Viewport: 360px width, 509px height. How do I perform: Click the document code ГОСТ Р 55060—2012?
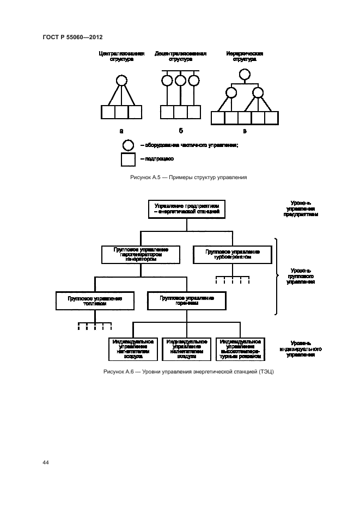click(x=72, y=37)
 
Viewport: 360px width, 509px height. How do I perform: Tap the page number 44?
click(x=46, y=462)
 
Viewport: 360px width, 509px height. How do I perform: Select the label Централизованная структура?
click(x=121, y=57)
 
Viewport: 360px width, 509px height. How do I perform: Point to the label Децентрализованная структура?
click(x=180, y=57)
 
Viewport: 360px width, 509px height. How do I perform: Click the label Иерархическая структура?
click(x=245, y=57)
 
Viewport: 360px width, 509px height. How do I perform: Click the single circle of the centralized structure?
click(x=121, y=81)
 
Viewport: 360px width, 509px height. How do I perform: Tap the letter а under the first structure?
click(x=121, y=131)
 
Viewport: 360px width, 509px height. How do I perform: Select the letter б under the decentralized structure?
click(x=180, y=131)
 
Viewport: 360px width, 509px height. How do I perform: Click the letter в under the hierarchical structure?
click(x=245, y=131)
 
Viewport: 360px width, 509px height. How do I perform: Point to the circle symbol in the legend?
click(x=128, y=145)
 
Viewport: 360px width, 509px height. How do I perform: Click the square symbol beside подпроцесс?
click(x=128, y=159)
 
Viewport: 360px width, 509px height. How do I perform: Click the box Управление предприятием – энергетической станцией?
click(x=187, y=209)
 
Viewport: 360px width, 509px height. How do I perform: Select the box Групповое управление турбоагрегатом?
click(x=233, y=255)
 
